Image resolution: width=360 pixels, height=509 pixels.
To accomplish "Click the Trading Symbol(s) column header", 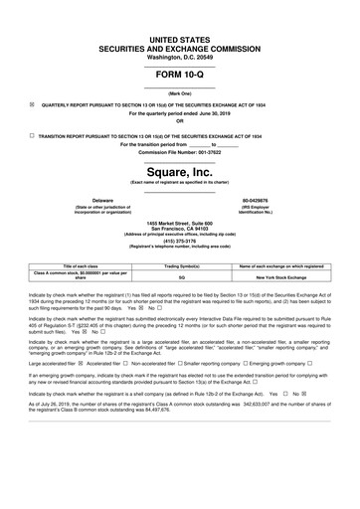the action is [x=182, y=266].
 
